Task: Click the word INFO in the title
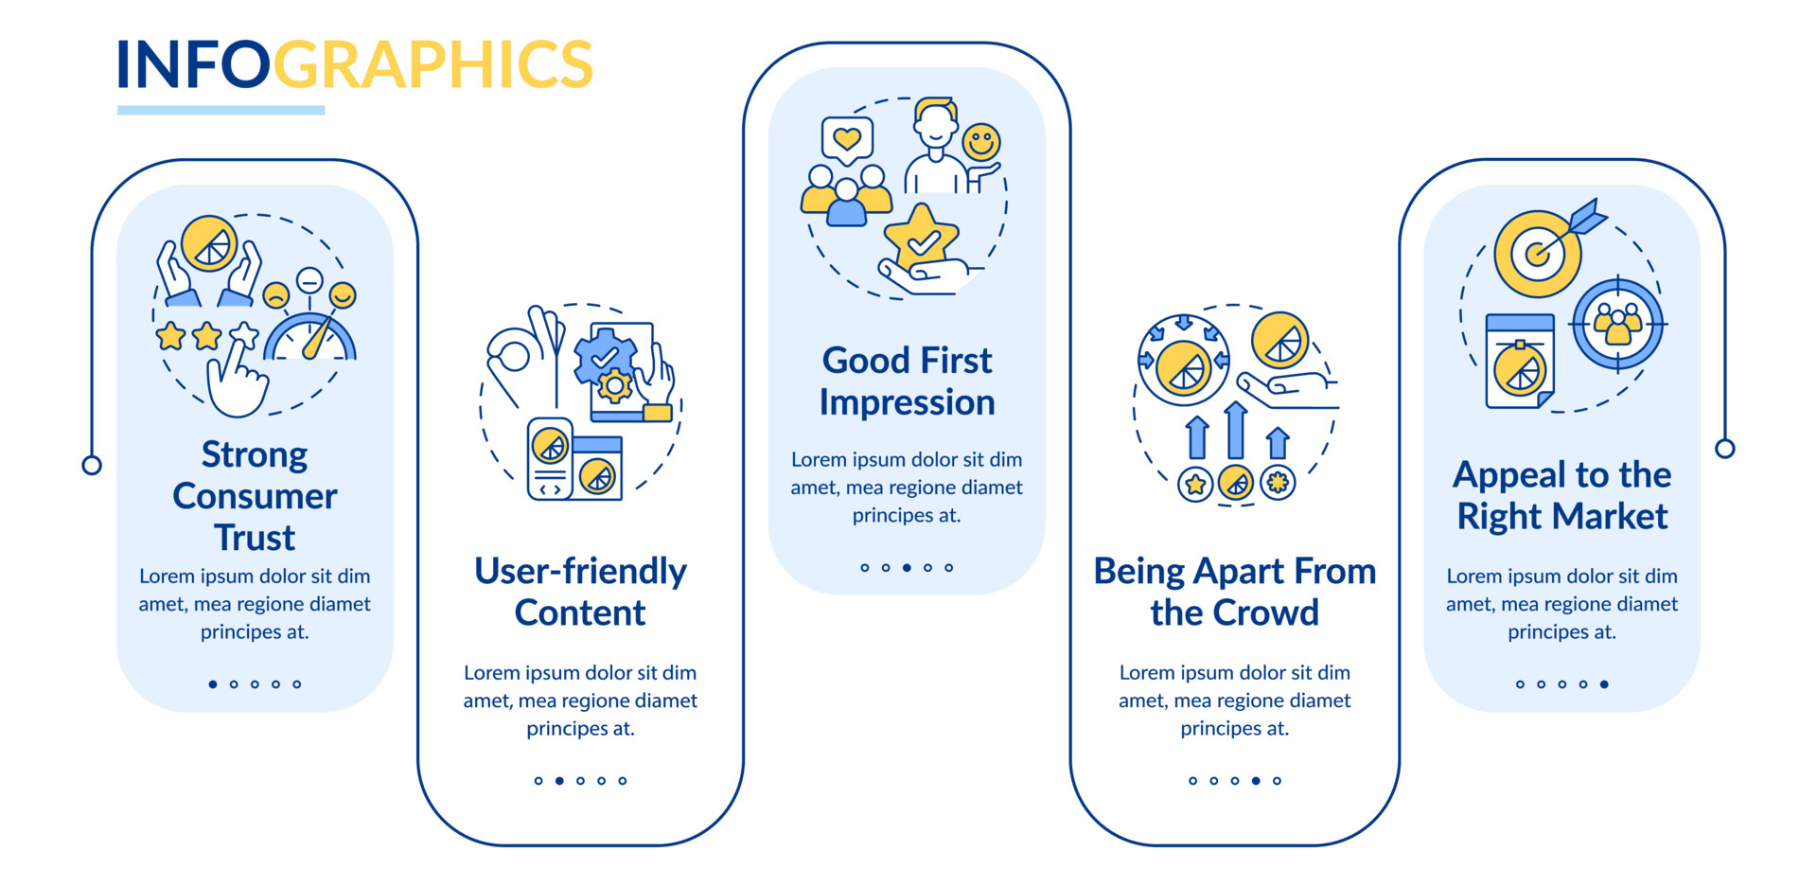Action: [x=193, y=64]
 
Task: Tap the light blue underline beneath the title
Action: [x=221, y=111]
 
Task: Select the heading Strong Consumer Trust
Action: [x=255, y=495]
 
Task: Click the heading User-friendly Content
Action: [x=580, y=592]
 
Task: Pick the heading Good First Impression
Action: [x=907, y=381]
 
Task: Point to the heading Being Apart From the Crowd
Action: [x=1235, y=592]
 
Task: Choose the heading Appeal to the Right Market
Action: [x=1562, y=495]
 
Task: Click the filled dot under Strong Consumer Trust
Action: [x=213, y=684]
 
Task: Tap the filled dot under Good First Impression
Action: [x=907, y=568]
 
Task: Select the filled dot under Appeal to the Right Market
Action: [x=1604, y=684]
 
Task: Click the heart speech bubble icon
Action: [x=847, y=141]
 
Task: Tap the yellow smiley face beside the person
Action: [x=981, y=143]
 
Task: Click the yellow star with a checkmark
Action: [x=921, y=238]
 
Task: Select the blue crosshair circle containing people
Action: [x=1617, y=325]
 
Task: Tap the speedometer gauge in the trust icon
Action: [x=310, y=336]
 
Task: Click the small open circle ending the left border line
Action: [x=92, y=466]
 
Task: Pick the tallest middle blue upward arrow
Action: [x=1235, y=431]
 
